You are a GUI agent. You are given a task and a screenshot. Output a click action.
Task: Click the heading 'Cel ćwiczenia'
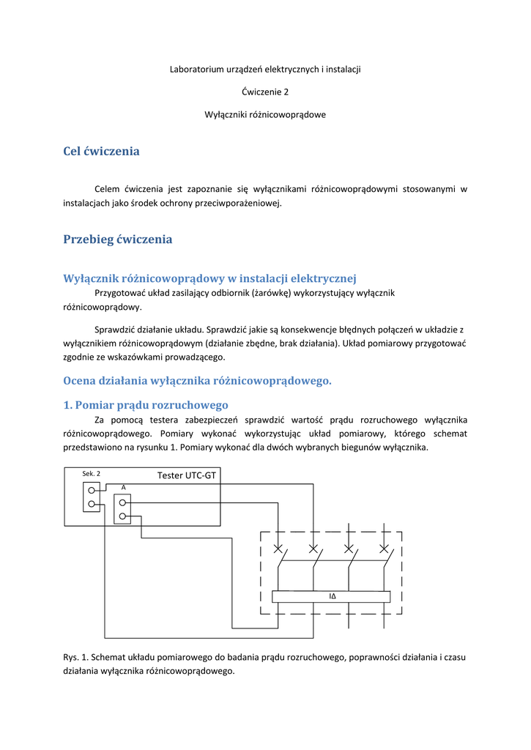[x=101, y=151]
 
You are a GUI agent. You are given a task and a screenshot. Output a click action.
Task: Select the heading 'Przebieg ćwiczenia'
[x=118, y=240]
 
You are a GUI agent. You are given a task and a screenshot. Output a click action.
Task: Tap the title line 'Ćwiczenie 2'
[x=265, y=92]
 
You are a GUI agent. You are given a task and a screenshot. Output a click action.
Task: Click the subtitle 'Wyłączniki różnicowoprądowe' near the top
[x=265, y=115]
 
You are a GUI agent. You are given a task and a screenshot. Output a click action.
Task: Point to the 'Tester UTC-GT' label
[x=187, y=475]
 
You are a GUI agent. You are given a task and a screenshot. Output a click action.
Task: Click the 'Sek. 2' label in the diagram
[x=92, y=474]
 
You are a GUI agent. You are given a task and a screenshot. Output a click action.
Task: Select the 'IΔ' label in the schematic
[x=333, y=596]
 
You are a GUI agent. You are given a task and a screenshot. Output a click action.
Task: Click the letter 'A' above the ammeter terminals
[x=124, y=487]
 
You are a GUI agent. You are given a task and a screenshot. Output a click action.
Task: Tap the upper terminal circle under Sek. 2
[x=92, y=490]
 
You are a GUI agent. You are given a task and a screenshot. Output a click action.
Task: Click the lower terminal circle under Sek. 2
[x=92, y=504]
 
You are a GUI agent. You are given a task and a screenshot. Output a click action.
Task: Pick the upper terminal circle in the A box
[x=122, y=502]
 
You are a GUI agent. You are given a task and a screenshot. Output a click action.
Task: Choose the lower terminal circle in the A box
[x=122, y=516]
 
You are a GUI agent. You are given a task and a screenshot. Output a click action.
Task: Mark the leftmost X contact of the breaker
[x=278, y=549]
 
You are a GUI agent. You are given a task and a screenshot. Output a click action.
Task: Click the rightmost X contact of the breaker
[x=384, y=549]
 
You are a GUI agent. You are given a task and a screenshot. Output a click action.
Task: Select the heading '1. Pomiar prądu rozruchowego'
[x=146, y=405]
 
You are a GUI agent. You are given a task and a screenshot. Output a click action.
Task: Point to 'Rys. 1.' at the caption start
[x=75, y=657]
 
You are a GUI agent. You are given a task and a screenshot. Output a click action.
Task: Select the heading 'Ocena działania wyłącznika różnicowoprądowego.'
[x=198, y=381]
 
